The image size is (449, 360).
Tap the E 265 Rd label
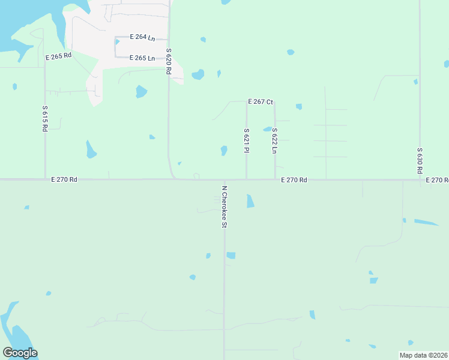click(x=58, y=56)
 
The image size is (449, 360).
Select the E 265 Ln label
click(x=142, y=58)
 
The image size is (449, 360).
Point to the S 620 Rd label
click(x=169, y=61)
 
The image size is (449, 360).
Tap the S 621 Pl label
click(x=246, y=140)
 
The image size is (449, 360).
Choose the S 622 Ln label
click(x=274, y=140)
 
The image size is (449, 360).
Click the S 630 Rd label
click(x=420, y=161)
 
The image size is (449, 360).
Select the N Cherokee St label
click(x=224, y=206)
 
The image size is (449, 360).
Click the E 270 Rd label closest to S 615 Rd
click(x=64, y=179)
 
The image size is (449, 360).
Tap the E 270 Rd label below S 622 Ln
click(x=294, y=180)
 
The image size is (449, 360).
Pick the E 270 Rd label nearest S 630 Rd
click(x=437, y=180)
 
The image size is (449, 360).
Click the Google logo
click(x=20, y=353)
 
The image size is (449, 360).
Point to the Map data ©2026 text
click(x=423, y=355)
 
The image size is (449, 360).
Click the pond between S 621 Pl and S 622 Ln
click(x=267, y=129)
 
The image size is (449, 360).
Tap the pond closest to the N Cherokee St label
click(x=250, y=201)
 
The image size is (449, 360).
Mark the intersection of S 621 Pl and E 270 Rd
click(x=246, y=179)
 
